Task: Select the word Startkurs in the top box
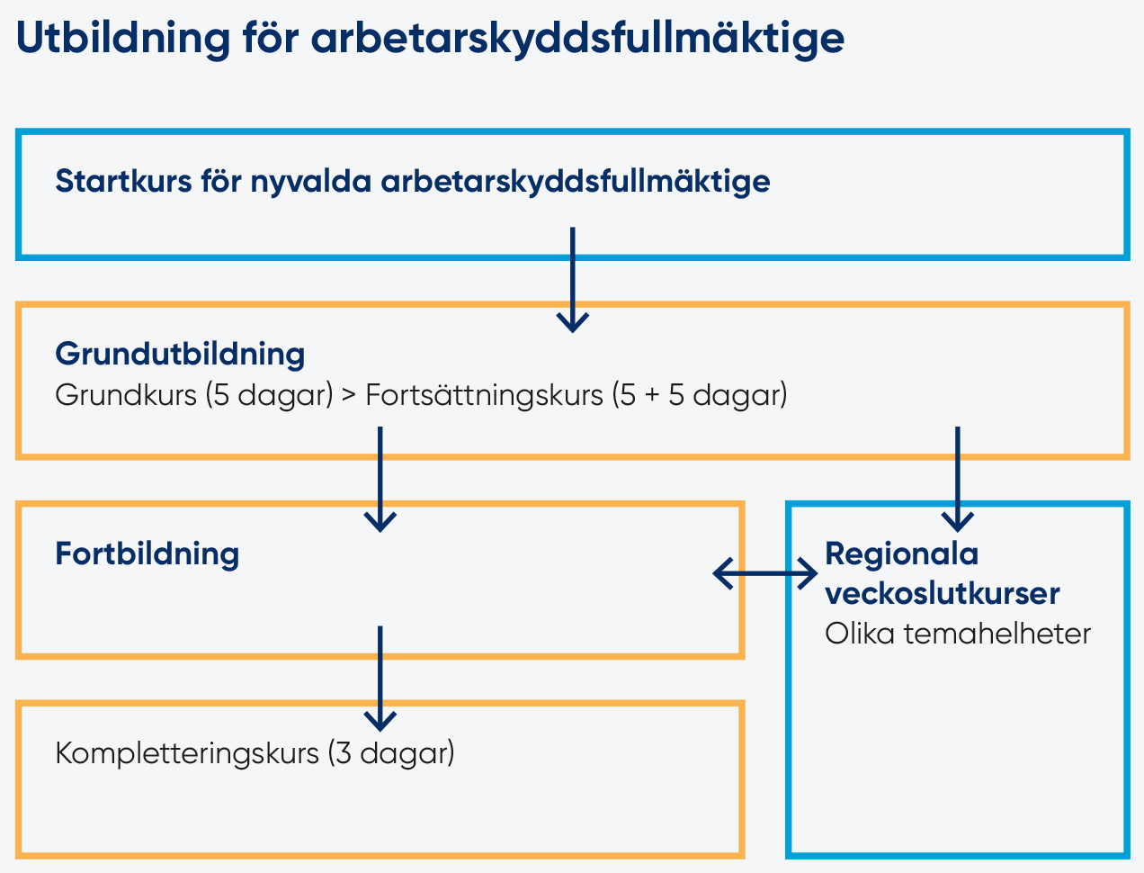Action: click(x=123, y=181)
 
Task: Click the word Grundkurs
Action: click(x=126, y=395)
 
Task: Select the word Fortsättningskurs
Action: click(x=484, y=396)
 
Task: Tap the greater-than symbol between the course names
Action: click(x=349, y=396)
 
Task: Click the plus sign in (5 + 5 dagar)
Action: click(x=652, y=396)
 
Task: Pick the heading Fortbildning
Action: click(x=147, y=554)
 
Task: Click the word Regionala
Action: click(x=902, y=554)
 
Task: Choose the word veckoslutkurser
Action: click(x=943, y=593)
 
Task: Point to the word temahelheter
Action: click(x=997, y=634)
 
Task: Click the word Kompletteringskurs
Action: click(x=187, y=754)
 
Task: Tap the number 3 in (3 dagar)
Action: click(x=343, y=753)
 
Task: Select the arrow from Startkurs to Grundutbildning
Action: click(x=572, y=280)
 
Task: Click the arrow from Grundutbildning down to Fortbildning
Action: click(x=380, y=480)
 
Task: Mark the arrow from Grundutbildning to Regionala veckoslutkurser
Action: click(x=958, y=480)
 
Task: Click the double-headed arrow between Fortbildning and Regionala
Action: click(x=764, y=573)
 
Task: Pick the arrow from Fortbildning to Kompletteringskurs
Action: click(x=380, y=679)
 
